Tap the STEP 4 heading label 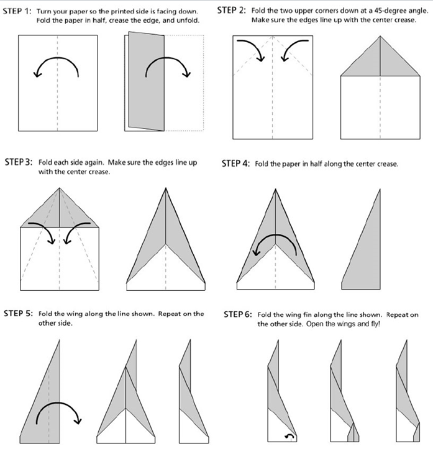pos(235,164)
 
